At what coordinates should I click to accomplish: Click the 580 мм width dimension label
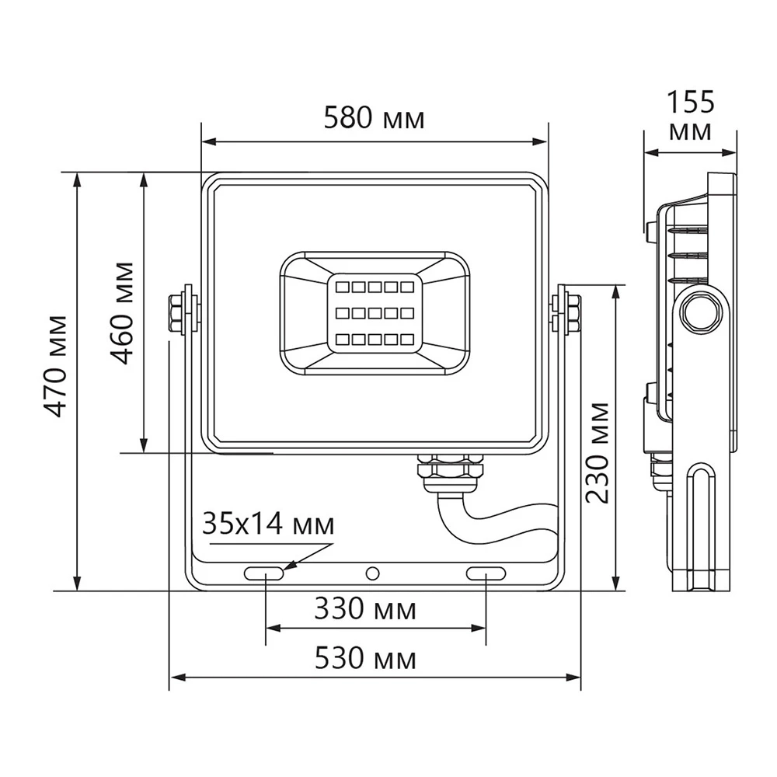coord(375,119)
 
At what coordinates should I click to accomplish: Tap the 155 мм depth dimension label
coord(690,117)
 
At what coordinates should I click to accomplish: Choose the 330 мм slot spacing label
coord(365,609)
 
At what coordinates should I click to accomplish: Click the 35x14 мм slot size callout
coord(268,524)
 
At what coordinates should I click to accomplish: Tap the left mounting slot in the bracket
coord(264,574)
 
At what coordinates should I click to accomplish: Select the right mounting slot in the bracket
coord(486,574)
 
